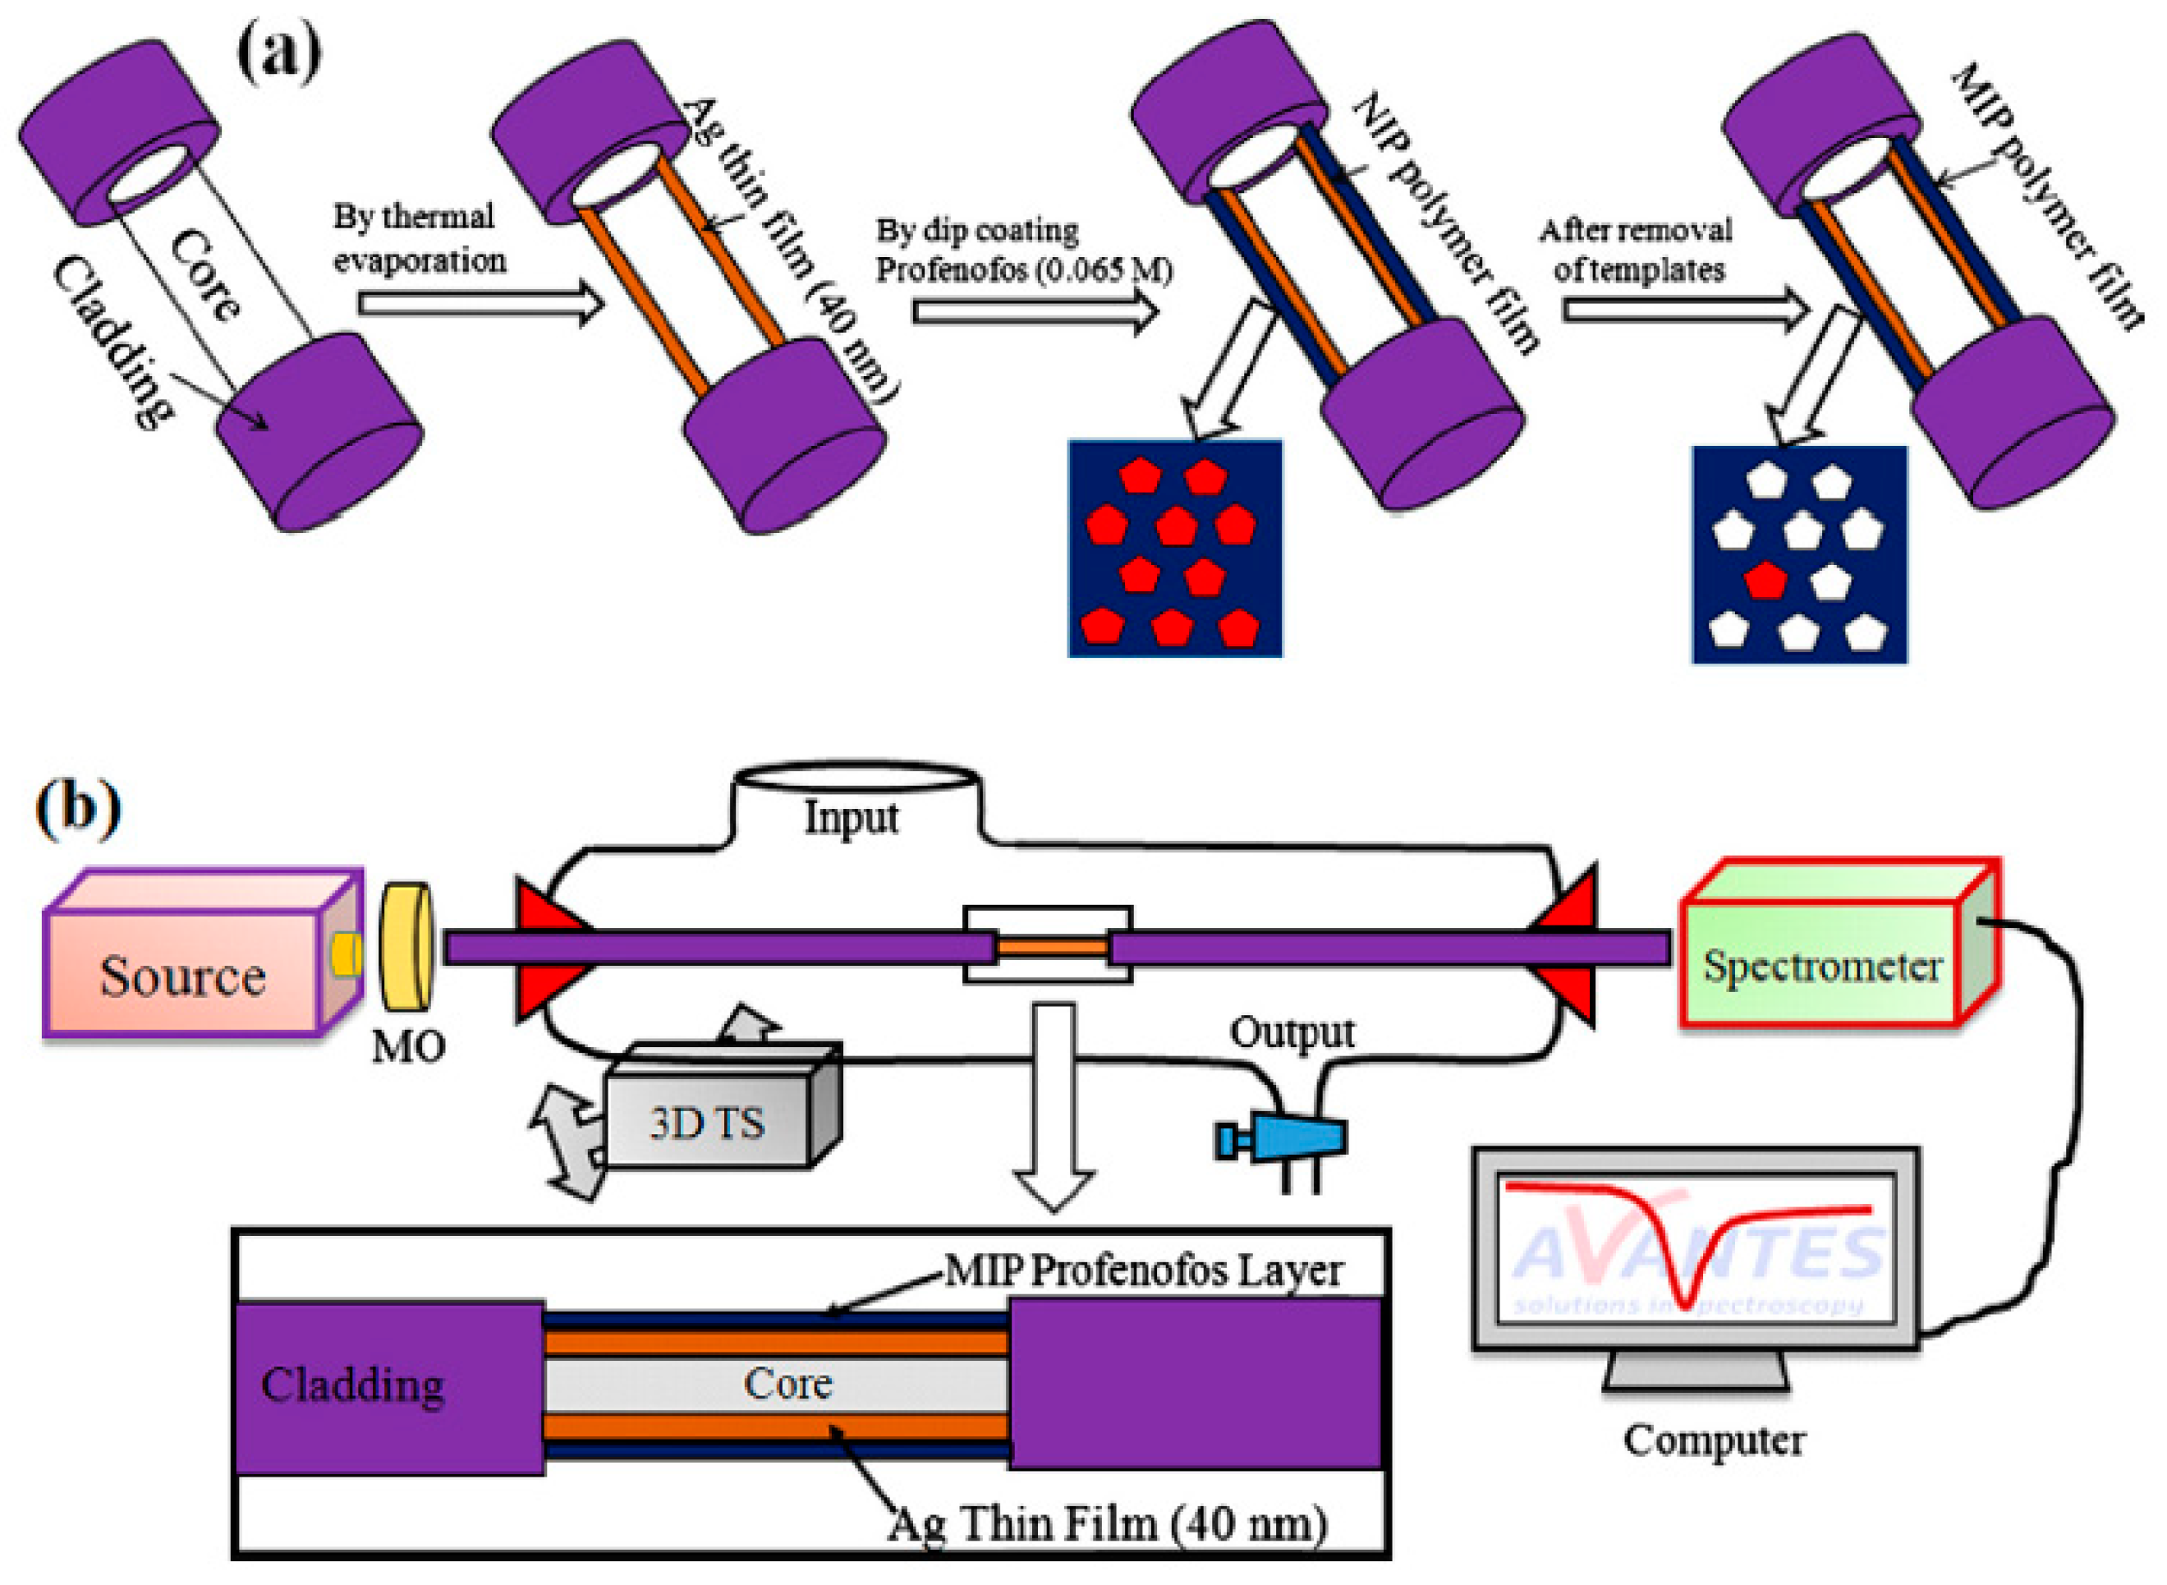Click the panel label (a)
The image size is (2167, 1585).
coord(278,55)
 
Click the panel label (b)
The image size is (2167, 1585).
coord(79,806)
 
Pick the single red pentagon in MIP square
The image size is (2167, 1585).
coord(1765,580)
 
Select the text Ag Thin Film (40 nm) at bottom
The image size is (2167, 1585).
coord(1108,1523)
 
